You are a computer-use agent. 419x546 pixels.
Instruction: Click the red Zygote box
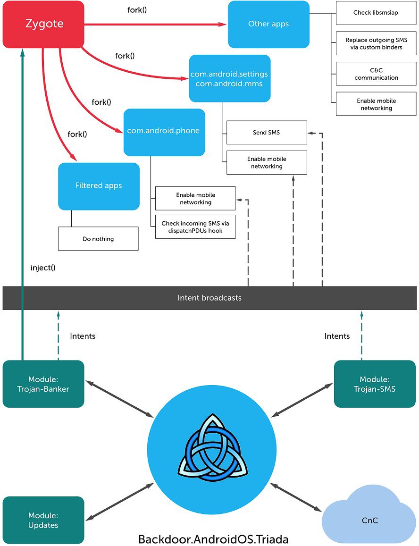coord(43,24)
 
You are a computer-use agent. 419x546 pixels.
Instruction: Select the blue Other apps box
coord(268,24)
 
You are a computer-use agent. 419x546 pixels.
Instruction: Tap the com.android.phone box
coord(164,132)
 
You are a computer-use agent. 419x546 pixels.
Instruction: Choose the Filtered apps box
coord(99,186)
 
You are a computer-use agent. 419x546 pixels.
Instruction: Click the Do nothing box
coord(98,239)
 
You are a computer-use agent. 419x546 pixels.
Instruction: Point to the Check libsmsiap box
coord(376,13)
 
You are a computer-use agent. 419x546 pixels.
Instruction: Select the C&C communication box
coord(376,74)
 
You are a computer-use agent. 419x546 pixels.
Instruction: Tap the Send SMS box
coord(266,133)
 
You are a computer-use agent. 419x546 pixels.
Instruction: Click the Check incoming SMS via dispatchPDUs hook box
coord(195,227)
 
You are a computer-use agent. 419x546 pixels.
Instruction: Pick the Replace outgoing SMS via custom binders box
coord(376,43)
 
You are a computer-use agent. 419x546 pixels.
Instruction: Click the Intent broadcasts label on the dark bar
coord(209,298)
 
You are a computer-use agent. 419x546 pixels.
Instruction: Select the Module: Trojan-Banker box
coord(43,384)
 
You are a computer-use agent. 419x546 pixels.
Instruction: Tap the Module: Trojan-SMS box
coord(375,384)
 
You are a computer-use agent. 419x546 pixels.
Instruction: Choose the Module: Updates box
coord(43,520)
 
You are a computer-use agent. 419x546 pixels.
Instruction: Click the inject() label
coord(43,268)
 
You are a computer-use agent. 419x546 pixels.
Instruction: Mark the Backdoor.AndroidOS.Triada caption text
coord(213,539)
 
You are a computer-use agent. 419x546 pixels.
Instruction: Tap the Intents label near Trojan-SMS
coord(337,336)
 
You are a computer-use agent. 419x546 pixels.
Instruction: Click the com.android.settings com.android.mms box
coord(229,78)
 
